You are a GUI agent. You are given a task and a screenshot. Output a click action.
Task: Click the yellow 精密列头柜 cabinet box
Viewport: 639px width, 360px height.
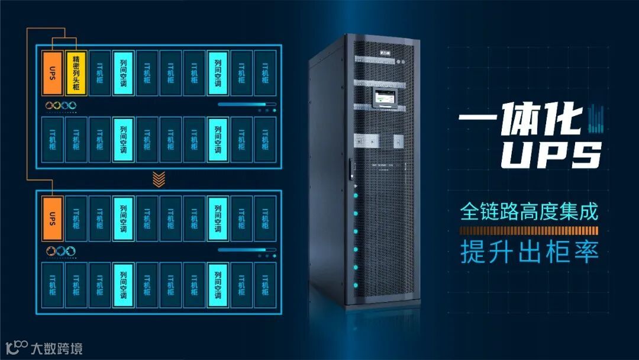pyautogui.click(x=76, y=73)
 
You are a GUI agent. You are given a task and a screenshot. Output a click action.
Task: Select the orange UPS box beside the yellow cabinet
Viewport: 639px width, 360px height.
pyautogui.click(x=53, y=73)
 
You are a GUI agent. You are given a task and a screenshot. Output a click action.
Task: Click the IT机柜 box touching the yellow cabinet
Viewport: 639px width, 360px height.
pyautogui.click(x=100, y=73)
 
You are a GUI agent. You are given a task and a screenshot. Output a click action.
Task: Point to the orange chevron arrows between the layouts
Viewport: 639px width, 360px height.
pyautogui.click(x=158, y=178)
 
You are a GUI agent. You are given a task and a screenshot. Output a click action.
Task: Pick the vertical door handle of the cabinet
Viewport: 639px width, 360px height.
pyautogui.click(x=351, y=169)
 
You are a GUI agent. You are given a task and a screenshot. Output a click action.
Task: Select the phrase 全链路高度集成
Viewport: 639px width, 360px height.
pyautogui.click(x=530, y=212)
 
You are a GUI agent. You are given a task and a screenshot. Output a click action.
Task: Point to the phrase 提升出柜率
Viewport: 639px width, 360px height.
pyautogui.click(x=530, y=252)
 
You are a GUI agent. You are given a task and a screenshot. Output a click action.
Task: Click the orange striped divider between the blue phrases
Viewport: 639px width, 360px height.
pyautogui.click(x=530, y=230)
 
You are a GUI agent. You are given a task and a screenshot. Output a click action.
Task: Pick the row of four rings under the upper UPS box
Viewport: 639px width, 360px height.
pyautogui.click(x=61, y=105)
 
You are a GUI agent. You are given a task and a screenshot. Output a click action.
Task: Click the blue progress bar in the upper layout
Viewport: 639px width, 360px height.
pyautogui.click(x=240, y=104)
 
